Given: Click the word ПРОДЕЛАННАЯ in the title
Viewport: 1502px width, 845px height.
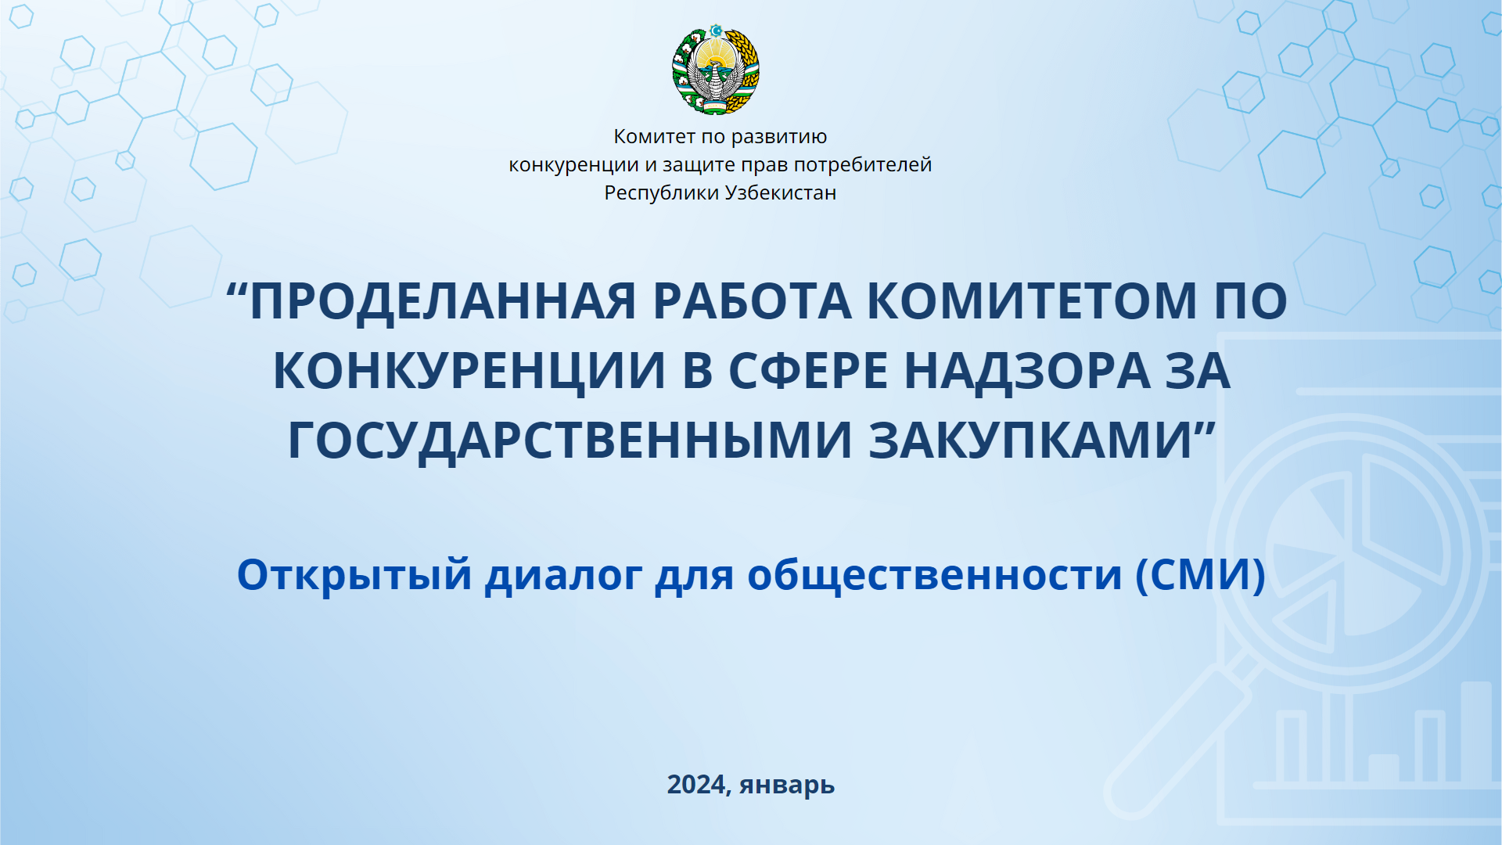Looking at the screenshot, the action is point(443,301).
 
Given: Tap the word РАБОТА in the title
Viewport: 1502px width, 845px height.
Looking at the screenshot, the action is point(752,301).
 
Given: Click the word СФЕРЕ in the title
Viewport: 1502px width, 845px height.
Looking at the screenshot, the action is point(808,371).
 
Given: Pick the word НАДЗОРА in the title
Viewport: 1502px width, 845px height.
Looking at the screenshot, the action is point(1027,371).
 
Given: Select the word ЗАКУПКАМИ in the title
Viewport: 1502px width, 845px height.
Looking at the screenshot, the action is point(1030,440).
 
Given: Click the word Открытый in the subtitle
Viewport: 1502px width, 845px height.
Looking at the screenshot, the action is point(354,575).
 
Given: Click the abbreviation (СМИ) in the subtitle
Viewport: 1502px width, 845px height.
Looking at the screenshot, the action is point(1201,575).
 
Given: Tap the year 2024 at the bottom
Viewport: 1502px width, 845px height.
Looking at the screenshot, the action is point(696,783).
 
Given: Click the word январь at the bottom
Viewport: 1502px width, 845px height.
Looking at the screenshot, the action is point(787,785).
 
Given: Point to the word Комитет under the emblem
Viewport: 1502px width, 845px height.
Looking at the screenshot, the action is point(654,137).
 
